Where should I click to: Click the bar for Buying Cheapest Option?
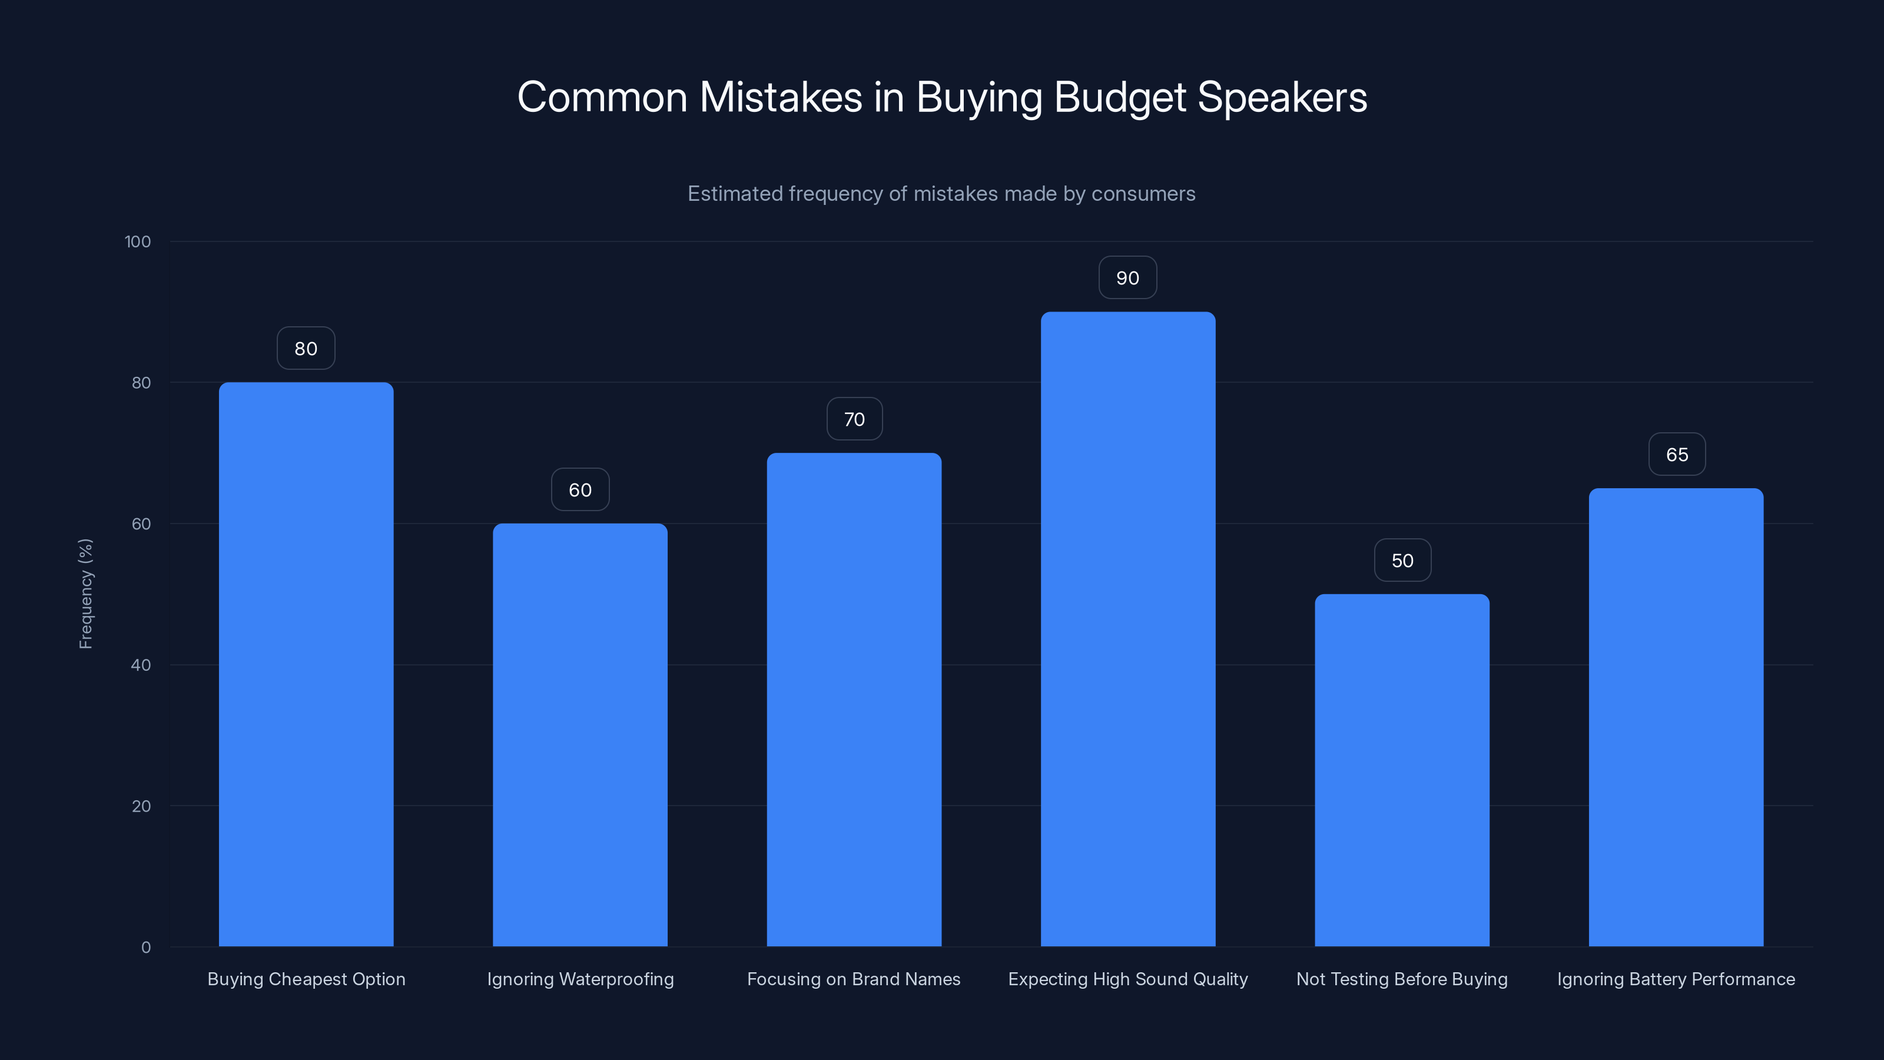click(306, 664)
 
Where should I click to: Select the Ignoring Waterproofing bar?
click(580, 734)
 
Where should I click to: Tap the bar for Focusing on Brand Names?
click(854, 700)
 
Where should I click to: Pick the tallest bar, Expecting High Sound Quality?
click(1128, 629)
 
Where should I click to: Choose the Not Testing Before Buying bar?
click(1402, 770)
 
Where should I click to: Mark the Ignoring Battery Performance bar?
click(1676, 717)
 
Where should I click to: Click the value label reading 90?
click(1128, 278)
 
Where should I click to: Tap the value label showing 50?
click(1402, 561)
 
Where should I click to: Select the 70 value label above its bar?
click(854, 419)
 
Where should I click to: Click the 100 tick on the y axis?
click(138, 241)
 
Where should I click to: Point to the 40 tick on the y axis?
click(141, 665)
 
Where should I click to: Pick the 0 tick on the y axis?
click(146, 948)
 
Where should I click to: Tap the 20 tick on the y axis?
click(141, 806)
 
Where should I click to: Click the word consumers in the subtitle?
click(1143, 194)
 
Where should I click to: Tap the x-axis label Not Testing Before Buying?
click(1402, 979)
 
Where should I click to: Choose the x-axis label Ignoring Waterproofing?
click(580, 979)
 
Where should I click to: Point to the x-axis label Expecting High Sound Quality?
click(1128, 979)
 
